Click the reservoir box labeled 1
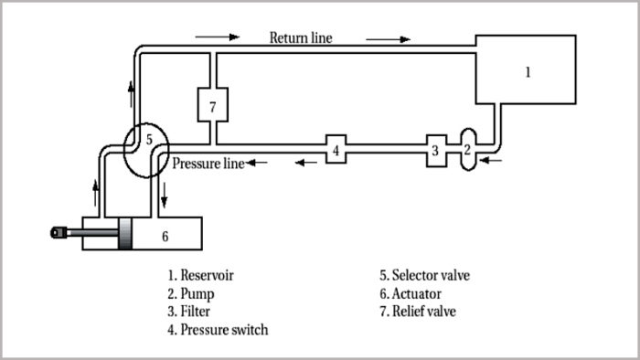click(x=526, y=72)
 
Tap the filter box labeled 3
click(x=436, y=149)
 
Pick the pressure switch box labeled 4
click(x=336, y=149)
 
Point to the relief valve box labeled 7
click(x=212, y=106)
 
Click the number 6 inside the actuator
click(x=165, y=236)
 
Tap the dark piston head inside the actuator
click(x=126, y=235)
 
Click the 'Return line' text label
click(x=300, y=38)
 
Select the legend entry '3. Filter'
click(x=190, y=312)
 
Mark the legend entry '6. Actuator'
click(x=411, y=293)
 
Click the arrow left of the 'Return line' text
click(x=217, y=38)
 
